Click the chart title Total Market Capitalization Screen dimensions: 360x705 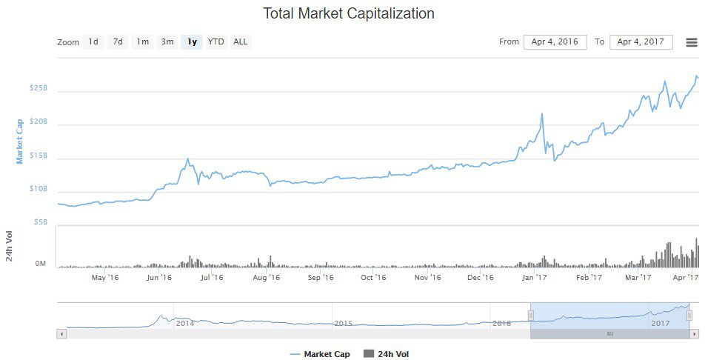(x=349, y=14)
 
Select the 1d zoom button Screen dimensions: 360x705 (x=93, y=42)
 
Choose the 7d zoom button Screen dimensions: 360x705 (x=118, y=42)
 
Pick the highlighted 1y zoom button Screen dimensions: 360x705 (x=192, y=42)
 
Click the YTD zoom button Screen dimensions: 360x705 (x=215, y=42)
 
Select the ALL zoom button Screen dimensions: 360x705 (x=240, y=42)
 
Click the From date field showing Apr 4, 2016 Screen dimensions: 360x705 (x=555, y=42)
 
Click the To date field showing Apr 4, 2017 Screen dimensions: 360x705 (x=641, y=42)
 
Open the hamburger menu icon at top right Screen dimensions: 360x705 (x=691, y=42)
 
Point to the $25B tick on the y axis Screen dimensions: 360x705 (x=38, y=88)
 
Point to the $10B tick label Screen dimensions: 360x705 (x=38, y=189)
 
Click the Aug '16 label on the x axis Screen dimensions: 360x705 (x=267, y=278)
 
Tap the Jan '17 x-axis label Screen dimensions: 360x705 (x=534, y=278)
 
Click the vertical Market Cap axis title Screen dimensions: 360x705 (x=20, y=141)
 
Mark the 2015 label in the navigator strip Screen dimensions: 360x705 (x=343, y=324)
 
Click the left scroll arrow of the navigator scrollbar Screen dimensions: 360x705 (x=61, y=334)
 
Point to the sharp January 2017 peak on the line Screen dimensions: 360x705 (x=542, y=114)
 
